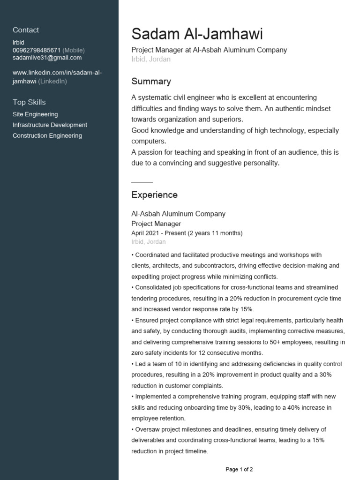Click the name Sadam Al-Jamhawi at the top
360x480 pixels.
coord(197,34)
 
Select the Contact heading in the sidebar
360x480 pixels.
coord(26,30)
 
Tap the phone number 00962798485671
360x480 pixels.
coord(37,50)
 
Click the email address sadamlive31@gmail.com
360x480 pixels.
coord(47,58)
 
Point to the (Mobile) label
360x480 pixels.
coord(74,50)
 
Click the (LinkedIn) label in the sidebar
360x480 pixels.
coord(52,82)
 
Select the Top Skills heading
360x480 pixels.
coord(29,102)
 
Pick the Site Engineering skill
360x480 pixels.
coord(35,114)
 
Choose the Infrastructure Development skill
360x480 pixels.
coord(50,125)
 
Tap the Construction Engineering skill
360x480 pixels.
coord(47,136)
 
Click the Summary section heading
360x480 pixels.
coord(151,82)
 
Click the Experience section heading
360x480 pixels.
coord(154,195)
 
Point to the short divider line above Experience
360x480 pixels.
coord(142,182)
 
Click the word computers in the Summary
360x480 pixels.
coord(148,141)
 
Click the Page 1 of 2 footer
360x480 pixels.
coord(239,469)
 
